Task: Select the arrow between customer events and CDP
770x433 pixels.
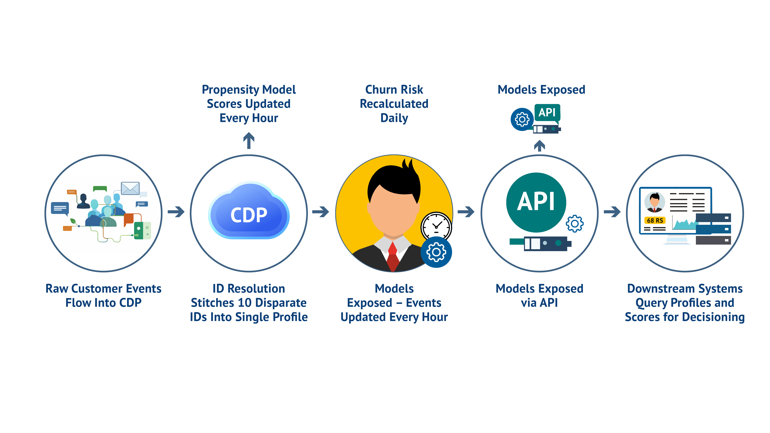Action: tap(176, 212)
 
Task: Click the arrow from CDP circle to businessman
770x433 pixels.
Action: tap(321, 212)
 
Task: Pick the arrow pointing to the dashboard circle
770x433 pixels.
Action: tap(612, 212)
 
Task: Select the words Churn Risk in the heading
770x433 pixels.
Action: tap(394, 90)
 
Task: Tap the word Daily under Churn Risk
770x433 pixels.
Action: tap(394, 118)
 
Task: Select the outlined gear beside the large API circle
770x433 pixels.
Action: tap(574, 223)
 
